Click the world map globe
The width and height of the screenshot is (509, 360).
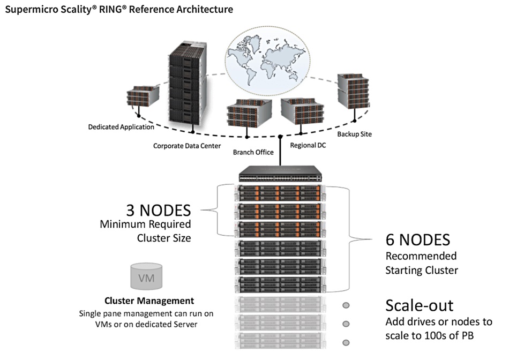(x=267, y=62)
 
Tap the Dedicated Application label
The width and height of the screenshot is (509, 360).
(x=121, y=127)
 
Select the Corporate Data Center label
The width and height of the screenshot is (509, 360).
(x=187, y=146)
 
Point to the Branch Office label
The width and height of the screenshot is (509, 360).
(x=253, y=152)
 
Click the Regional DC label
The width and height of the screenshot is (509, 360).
(x=308, y=145)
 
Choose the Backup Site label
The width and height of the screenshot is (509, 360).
(x=355, y=134)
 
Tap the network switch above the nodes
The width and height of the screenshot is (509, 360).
(x=280, y=174)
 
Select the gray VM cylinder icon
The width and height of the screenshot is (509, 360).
(x=146, y=276)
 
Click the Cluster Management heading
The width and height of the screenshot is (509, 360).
(x=149, y=301)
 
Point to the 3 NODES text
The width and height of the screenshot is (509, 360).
(x=159, y=211)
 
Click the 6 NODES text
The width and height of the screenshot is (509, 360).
(x=418, y=240)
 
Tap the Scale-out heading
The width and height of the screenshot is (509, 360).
(x=420, y=305)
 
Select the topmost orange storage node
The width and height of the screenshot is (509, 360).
(x=280, y=193)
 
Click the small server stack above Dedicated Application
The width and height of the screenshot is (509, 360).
(x=143, y=96)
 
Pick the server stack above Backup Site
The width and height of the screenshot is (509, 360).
(x=353, y=91)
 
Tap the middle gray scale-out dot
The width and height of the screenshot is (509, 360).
(x=346, y=324)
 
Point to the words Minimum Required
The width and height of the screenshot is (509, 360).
(x=145, y=224)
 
